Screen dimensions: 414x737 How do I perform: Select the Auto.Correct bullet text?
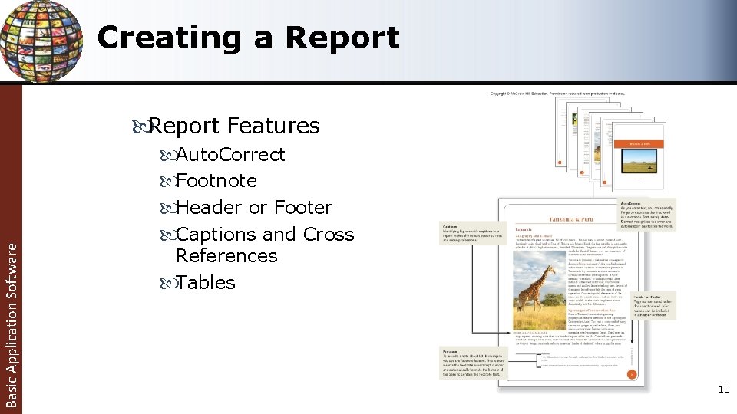click(x=230, y=155)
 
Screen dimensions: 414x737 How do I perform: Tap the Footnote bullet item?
click(x=216, y=181)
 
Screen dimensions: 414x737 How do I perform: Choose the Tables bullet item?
click(x=205, y=283)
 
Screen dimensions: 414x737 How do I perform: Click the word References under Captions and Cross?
click(x=226, y=256)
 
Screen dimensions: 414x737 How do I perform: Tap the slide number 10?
click(x=723, y=389)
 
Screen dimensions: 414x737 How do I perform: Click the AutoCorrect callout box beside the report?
click(x=649, y=215)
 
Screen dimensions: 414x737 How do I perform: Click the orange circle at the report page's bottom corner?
click(x=630, y=375)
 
